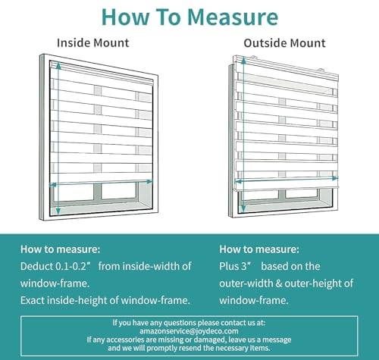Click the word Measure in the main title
(x=233, y=17)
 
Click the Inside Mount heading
(x=93, y=43)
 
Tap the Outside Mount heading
(x=284, y=43)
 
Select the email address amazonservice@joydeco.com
(x=189, y=331)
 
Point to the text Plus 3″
(x=235, y=266)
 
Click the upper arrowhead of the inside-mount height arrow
(x=58, y=65)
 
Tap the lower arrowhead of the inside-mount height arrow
(x=58, y=210)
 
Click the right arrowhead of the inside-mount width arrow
(x=150, y=181)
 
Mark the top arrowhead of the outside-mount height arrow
(x=244, y=61)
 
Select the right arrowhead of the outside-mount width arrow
(x=335, y=178)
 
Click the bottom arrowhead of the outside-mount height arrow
(x=243, y=208)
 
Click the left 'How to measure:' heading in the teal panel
(x=61, y=249)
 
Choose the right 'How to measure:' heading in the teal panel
(x=259, y=249)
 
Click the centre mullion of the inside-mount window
(x=97, y=192)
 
